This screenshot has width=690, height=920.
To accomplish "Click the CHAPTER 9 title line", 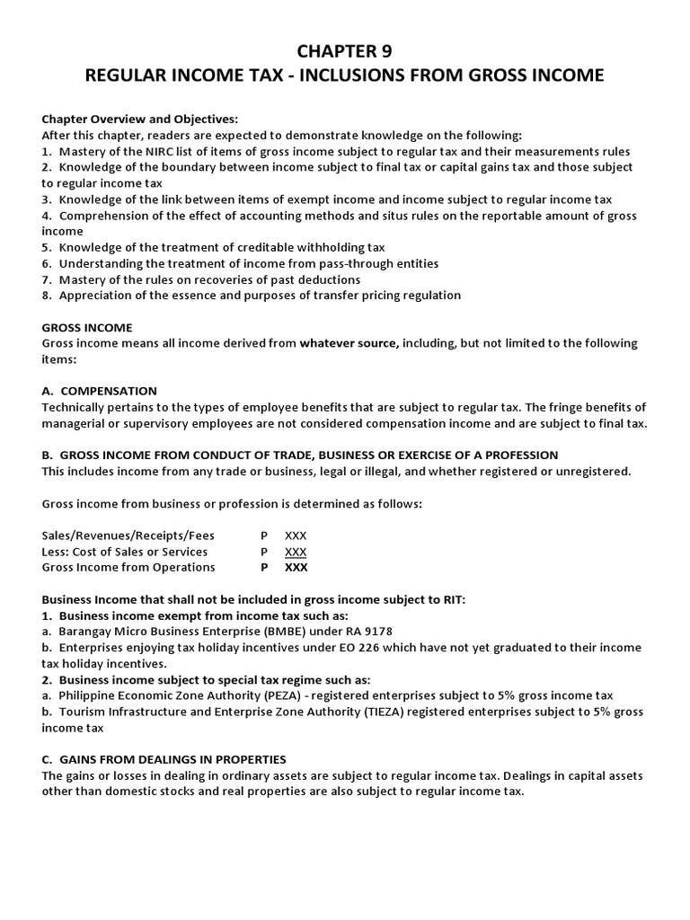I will [x=344, y=51].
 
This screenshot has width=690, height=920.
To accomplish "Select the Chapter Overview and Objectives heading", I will [x=140, y=119].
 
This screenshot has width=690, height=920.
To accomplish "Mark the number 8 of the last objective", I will [x=47, y=295].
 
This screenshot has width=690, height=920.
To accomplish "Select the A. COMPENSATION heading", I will [x=100, y=391].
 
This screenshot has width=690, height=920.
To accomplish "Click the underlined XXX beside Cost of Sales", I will [x=296, y=551].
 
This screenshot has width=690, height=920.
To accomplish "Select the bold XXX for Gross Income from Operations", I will [x=296, y=567].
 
